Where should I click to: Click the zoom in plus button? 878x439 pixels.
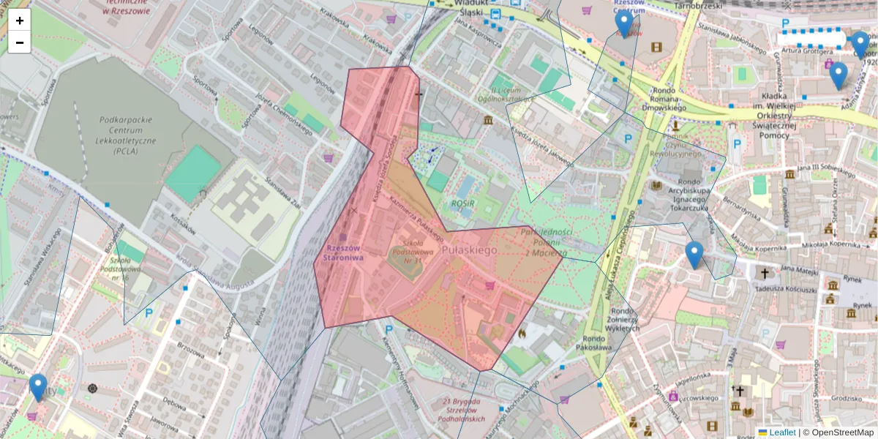[20, 20]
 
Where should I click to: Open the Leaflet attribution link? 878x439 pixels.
[781, 432]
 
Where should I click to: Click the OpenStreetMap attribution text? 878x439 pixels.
[842, 432]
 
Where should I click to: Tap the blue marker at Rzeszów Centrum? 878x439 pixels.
[623, 24]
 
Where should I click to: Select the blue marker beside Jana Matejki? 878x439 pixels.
[694, 255]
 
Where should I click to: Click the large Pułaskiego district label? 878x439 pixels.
[470, 250]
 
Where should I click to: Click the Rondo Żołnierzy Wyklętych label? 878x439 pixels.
[623, 319]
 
